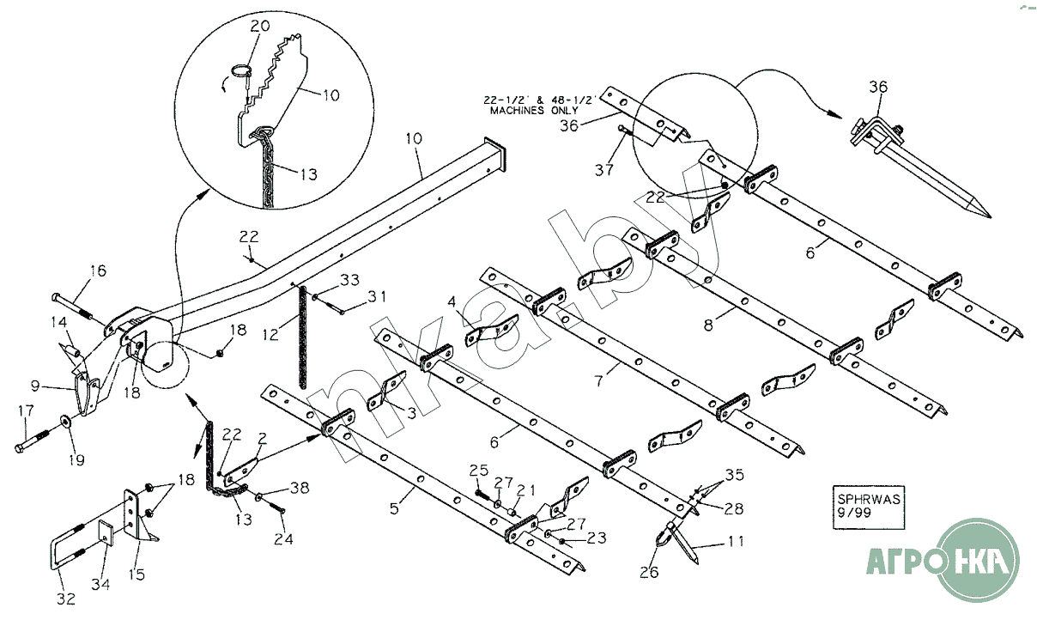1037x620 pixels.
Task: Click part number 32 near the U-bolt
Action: point(66,599)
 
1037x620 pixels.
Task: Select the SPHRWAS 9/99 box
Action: point(869,508)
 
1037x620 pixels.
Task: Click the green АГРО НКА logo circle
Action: point(979,560)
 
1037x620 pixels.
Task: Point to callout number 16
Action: point(98,270)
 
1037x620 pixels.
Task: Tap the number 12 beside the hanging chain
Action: point(270,334)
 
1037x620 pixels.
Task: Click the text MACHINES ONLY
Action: point(534,110)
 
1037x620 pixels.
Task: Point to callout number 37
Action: point(604,170)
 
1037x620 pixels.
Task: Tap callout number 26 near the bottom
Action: point(649,572)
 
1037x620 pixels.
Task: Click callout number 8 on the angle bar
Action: point(708,325)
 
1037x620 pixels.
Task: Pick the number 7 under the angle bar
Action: point(598,380)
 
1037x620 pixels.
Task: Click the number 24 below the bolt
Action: point(283,539)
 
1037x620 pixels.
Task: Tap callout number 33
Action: point(349,280)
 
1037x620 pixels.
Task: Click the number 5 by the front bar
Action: point(394,508)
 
